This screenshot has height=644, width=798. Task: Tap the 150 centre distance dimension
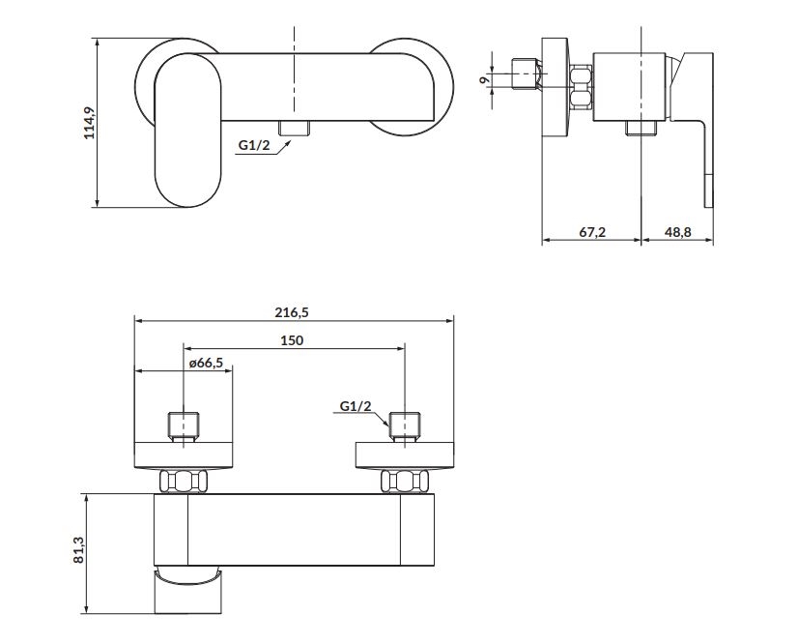coord(293,339)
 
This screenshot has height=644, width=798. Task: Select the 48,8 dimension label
coord(679,231)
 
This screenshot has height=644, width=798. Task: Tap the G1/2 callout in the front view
coord(253,146)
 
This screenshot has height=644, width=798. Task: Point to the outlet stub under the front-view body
coord(292,129)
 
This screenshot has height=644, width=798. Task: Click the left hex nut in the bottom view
coord(185,481)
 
